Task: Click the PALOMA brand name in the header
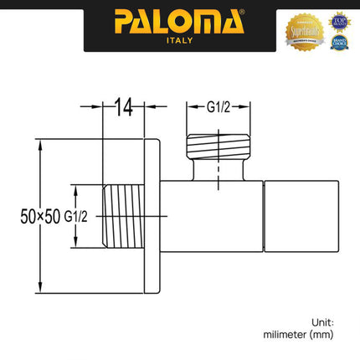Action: pyautogui.click(x=179, y=19)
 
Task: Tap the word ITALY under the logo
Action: pyautogui.click(x=180, y=39)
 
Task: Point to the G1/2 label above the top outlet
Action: pyautogui.click(x=220, y=107)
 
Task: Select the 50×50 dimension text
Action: pyautogui.click(x=40, y=217)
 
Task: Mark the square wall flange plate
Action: pyautogui.click(x=152, y=216)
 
